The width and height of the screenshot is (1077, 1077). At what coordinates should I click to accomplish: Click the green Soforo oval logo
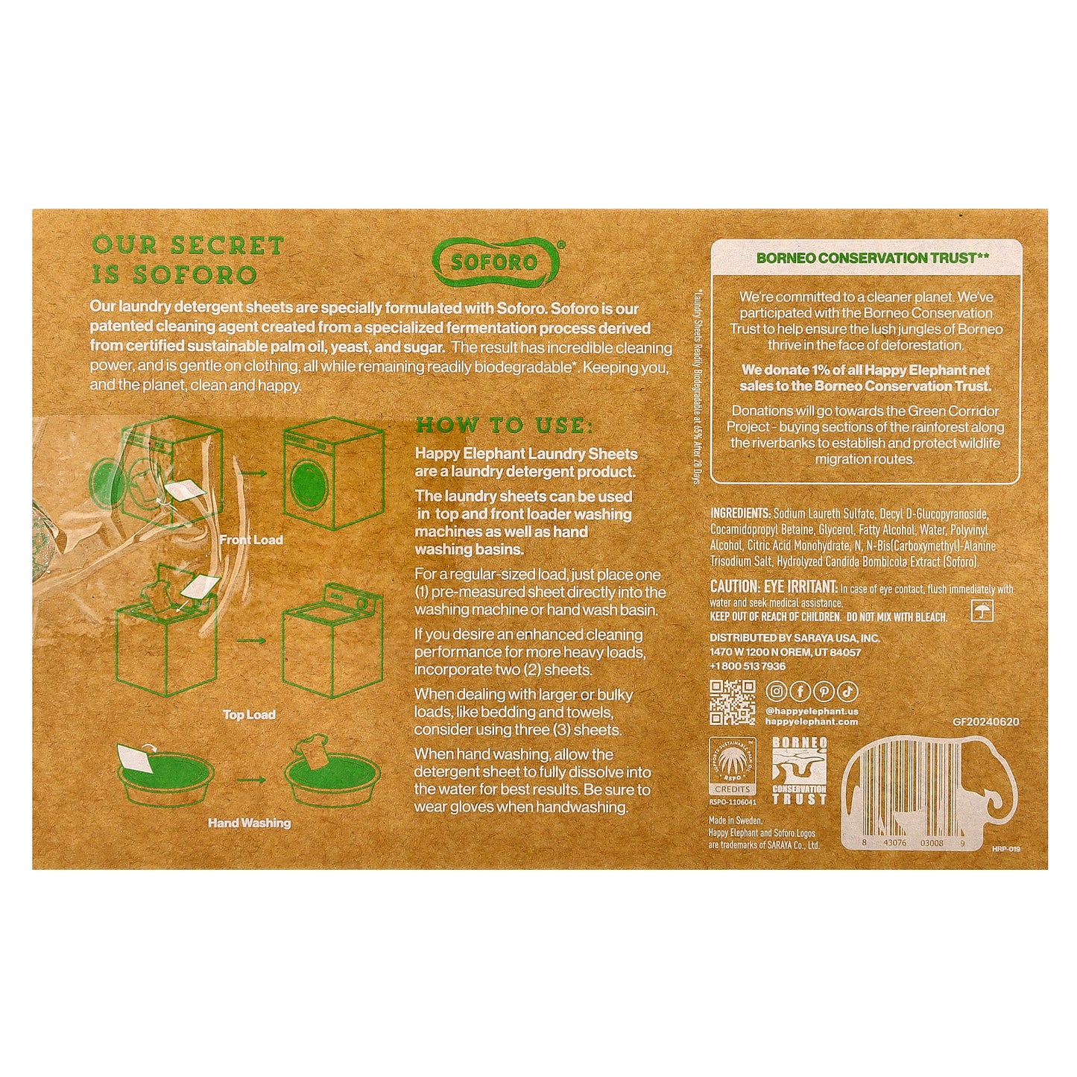point(496,262)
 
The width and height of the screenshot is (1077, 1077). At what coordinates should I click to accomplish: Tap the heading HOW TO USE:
point(504,426)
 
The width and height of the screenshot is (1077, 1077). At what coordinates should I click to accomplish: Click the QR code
point(732,702)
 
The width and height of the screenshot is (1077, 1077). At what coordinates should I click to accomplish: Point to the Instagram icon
point(776,692)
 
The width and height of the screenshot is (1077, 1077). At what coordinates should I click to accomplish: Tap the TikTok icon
point(847,692)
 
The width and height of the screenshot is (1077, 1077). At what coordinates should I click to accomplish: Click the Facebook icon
point(800,692)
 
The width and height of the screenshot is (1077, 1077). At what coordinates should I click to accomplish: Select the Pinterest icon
point(824,692)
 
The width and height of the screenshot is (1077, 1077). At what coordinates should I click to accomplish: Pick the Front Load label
point(251,540)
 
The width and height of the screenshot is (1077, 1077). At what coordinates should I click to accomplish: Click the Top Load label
point(249,715)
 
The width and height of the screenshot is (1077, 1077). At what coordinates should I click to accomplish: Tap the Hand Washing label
point(249,823)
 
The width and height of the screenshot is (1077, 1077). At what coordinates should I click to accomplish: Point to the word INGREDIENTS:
point(739,514)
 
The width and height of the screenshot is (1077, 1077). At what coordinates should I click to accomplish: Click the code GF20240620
point(985,721)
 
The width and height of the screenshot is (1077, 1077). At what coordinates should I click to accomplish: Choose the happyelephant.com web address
point(812,721)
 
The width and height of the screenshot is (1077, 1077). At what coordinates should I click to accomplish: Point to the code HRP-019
point(1005,848)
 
